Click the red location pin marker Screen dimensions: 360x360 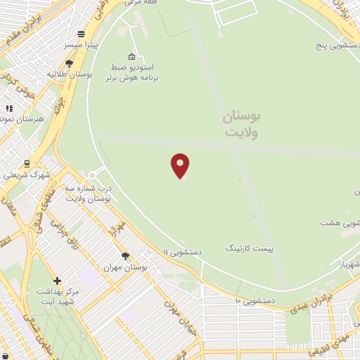(180, 165)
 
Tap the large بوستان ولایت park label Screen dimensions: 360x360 (241, 124)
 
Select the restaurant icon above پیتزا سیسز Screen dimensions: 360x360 (82, 34)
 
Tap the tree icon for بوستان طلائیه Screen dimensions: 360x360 (69, 63)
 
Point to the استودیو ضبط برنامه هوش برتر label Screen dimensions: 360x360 (132, 72)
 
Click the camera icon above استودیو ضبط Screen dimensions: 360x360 (131, 56)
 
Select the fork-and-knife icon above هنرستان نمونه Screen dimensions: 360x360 (9, 108)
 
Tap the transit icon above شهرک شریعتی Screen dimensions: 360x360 (27, 163)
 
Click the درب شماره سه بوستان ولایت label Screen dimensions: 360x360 (89, 194)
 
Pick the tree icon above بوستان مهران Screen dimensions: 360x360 (125, 257)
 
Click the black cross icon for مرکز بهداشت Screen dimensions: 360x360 (58, 281)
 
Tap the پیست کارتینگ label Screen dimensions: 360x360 (249, 248)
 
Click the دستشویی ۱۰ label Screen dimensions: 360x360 (255, 300)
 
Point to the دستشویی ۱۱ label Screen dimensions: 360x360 (183, 251)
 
